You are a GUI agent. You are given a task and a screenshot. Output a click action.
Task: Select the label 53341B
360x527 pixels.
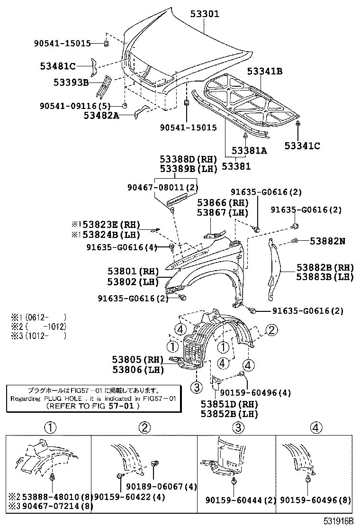coord(264,72)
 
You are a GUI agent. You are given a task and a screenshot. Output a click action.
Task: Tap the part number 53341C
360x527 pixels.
coord(302,146)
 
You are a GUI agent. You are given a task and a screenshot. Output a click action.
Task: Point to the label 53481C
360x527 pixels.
coord(57,66)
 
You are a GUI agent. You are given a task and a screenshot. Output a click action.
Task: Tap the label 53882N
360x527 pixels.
coord(327,241)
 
